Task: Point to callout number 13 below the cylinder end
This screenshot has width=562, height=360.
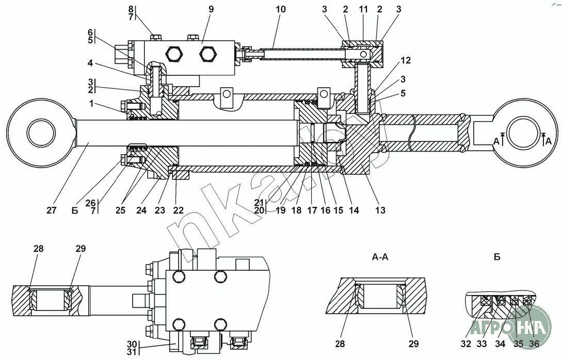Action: point(380,210)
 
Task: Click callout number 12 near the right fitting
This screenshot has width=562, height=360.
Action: point(405,60)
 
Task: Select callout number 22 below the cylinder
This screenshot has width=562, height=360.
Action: point(179,210)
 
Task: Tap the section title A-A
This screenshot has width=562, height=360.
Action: point(380,257)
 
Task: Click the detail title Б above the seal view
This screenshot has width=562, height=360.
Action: point(497,257)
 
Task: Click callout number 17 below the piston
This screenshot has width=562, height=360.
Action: point(312,210)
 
